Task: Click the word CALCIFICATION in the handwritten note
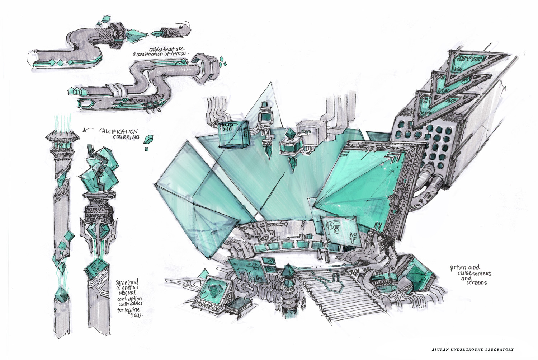(118, 131)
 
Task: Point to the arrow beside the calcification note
(86, 131)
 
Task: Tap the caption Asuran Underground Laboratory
(472, 349)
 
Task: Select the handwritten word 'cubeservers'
(474, 273)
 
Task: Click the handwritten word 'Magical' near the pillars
(126, 293)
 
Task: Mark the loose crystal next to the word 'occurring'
(148, 139)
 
